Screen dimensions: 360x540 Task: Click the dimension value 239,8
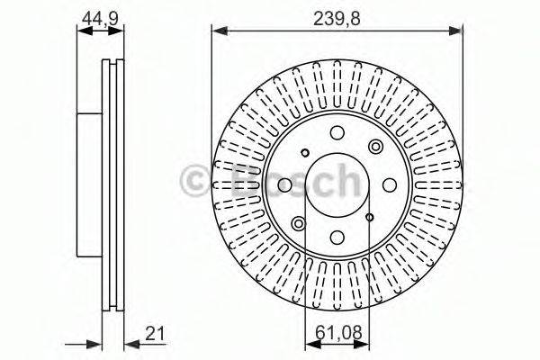point(337,16)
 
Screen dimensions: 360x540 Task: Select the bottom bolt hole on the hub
point(337,238)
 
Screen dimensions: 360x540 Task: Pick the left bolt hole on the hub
point(284,185)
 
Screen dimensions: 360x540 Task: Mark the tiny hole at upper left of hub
point(305,151)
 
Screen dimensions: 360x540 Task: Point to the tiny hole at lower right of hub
point(369,217)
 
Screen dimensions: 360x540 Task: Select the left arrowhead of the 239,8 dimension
point(217,31)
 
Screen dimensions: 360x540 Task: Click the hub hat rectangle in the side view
point(89,185)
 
